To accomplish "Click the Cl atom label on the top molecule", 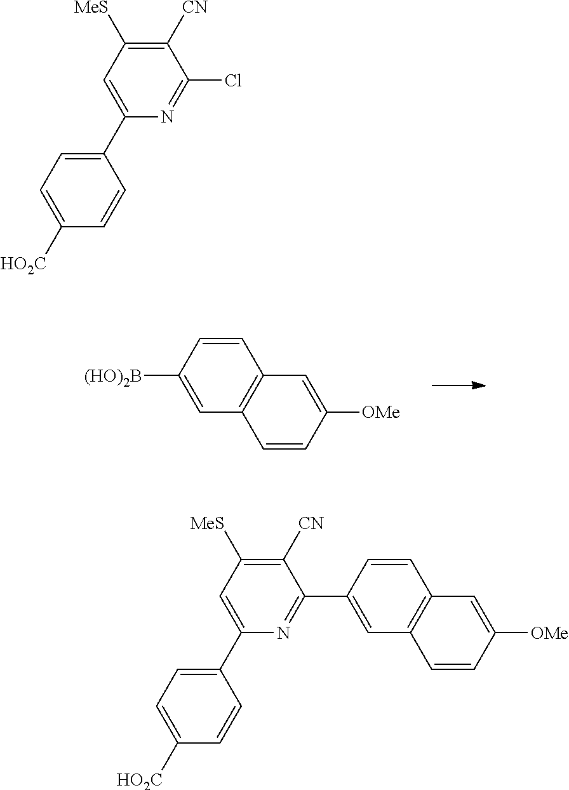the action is coord(232,82).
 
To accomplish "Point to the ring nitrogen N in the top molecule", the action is coord(167,117).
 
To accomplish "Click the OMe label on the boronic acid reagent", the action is coord(380,413).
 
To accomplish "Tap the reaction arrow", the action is coord(459,385).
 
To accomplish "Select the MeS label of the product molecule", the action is coord(207,524).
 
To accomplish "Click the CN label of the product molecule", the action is coord(311,524).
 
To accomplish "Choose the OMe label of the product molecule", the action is coord(548,633).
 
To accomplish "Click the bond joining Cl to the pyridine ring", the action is coord(204,82).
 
